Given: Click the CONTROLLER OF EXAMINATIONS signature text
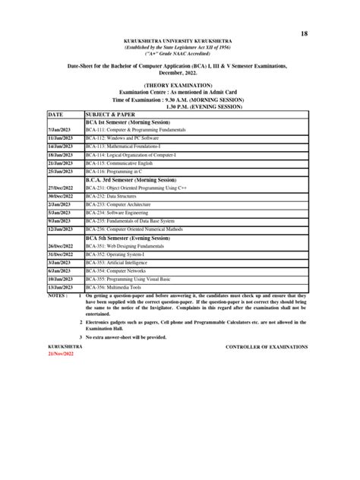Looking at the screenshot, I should click(267, 346).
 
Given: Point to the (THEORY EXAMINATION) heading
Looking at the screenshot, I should click(180, 85).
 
